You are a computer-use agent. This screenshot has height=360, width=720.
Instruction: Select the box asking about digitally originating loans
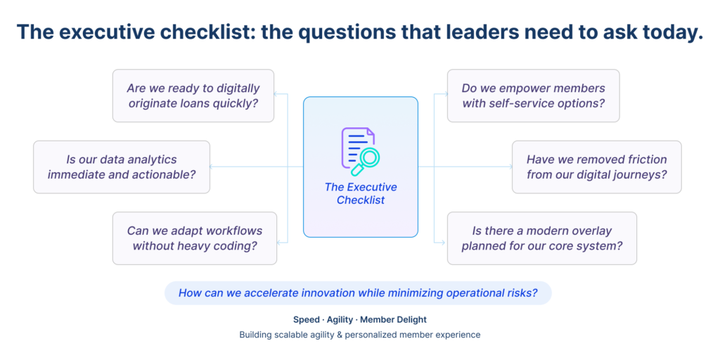(193, 96)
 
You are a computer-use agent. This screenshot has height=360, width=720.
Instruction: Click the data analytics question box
(122, 167)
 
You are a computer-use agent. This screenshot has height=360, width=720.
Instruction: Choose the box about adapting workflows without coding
(195, 238)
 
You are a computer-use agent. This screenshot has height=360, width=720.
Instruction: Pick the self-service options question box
(533, 96)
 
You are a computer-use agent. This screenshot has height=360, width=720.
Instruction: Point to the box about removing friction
(596, 167)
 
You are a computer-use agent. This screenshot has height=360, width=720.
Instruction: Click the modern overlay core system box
(541, 238)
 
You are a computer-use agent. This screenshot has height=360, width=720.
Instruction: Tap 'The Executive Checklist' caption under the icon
(361, 193)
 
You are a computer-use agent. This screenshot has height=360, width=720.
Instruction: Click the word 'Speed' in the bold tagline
(306, 319)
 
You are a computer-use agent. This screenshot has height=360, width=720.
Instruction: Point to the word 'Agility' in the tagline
(340, 319)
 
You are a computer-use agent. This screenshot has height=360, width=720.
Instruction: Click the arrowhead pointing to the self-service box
(442, 93)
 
